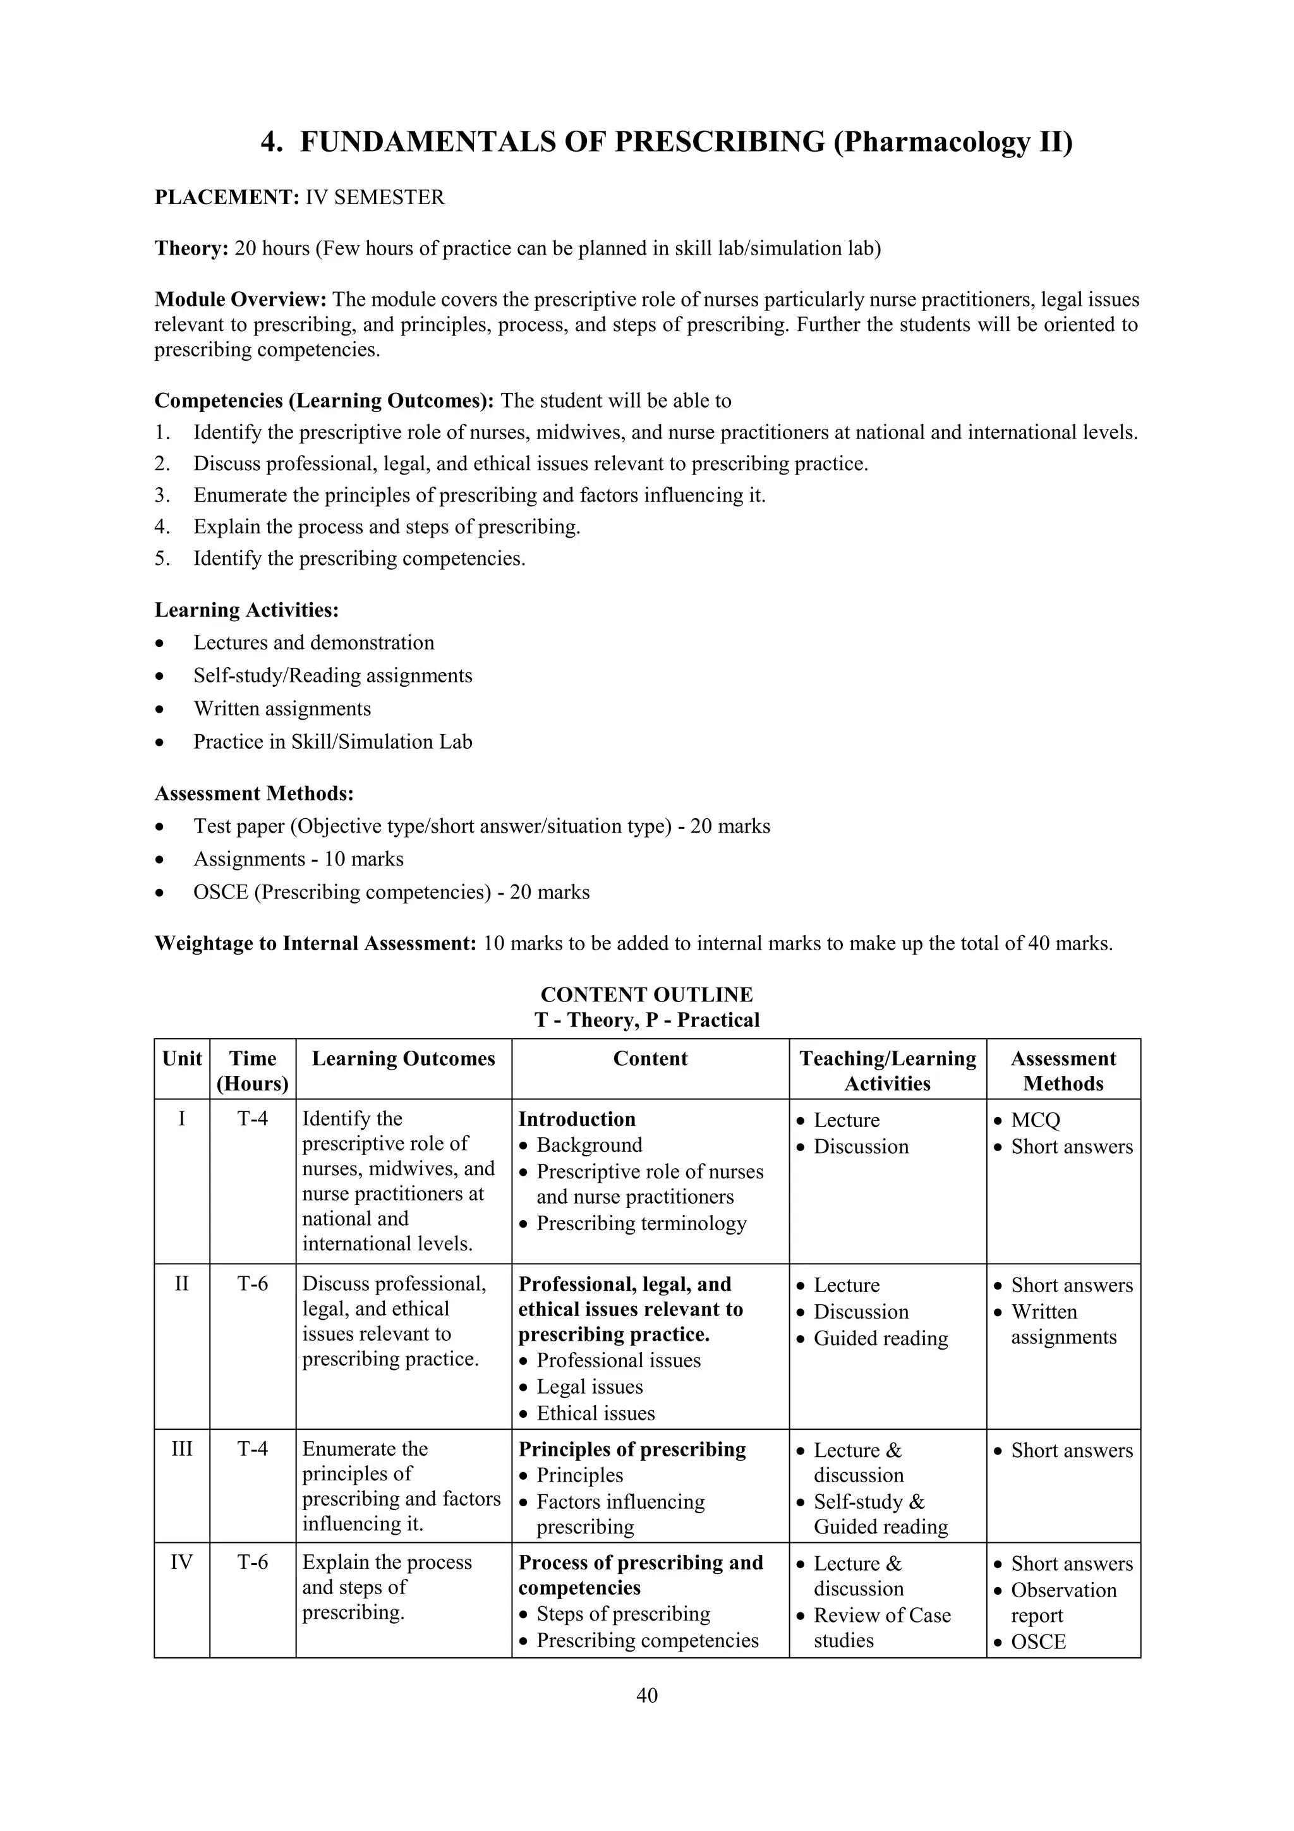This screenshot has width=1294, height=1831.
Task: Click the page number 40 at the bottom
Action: coord(646,1695)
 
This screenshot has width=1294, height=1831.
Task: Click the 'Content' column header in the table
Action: coord(650,1058)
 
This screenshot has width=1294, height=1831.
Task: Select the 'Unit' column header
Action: coord(182,1058)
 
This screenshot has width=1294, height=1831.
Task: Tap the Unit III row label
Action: coord(182,1448)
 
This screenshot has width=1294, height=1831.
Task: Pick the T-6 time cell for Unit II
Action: coord(253,1283)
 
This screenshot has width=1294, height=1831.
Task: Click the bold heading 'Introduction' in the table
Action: coord(576,1119)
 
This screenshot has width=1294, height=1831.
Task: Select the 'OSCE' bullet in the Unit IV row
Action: coord(1038,1641)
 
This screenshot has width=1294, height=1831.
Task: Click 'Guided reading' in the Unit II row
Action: coord(880,1338)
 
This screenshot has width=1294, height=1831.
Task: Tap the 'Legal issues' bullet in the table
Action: coord(590,1386)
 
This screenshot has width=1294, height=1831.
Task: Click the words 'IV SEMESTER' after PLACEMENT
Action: coord(375,197)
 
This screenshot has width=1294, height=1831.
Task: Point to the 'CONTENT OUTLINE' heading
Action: coord(646,994)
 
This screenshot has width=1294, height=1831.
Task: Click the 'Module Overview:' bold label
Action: coord(240,300)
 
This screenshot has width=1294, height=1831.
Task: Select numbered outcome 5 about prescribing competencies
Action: coord(359,559)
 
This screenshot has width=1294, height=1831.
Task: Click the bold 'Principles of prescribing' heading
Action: coord(631,1449)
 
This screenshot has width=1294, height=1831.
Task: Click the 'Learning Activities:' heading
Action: coord(246,610)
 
